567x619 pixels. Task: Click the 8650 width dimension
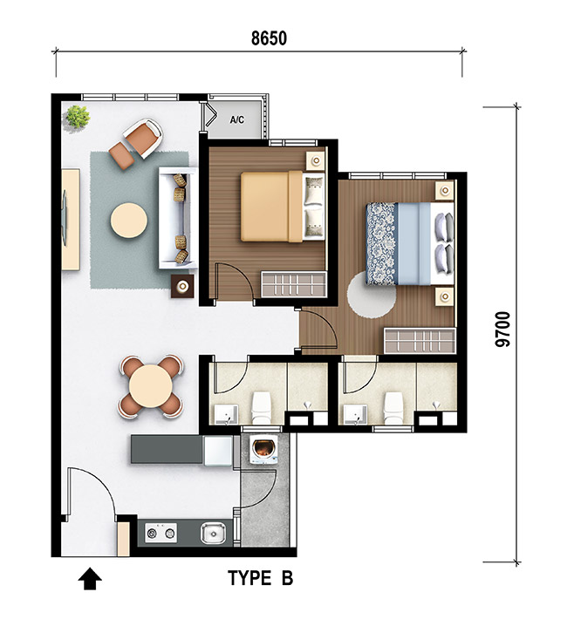click(269, 38)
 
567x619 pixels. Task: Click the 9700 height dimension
click(502, 330)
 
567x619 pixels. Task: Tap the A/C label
click(237, 119)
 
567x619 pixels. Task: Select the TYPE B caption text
click(261, 578)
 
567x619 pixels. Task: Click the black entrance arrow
click(90, 579)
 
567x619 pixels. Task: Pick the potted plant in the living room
click(78, 117)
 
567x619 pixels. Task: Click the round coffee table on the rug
click(129, 221)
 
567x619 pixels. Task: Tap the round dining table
click(150, 385)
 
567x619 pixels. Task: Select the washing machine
click(264, 450)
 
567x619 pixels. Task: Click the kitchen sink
click(213, 534)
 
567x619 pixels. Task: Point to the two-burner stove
click(161, 533)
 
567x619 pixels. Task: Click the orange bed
click(283, 206)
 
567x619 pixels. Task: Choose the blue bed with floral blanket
click(410, 243)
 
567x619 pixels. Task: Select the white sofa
click(178, 218)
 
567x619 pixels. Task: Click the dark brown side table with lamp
click(182, 287)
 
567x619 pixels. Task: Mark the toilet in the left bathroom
click(261, 407)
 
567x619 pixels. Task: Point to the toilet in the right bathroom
click(393, 407)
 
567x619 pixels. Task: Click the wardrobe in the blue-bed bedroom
click(420, 341)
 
